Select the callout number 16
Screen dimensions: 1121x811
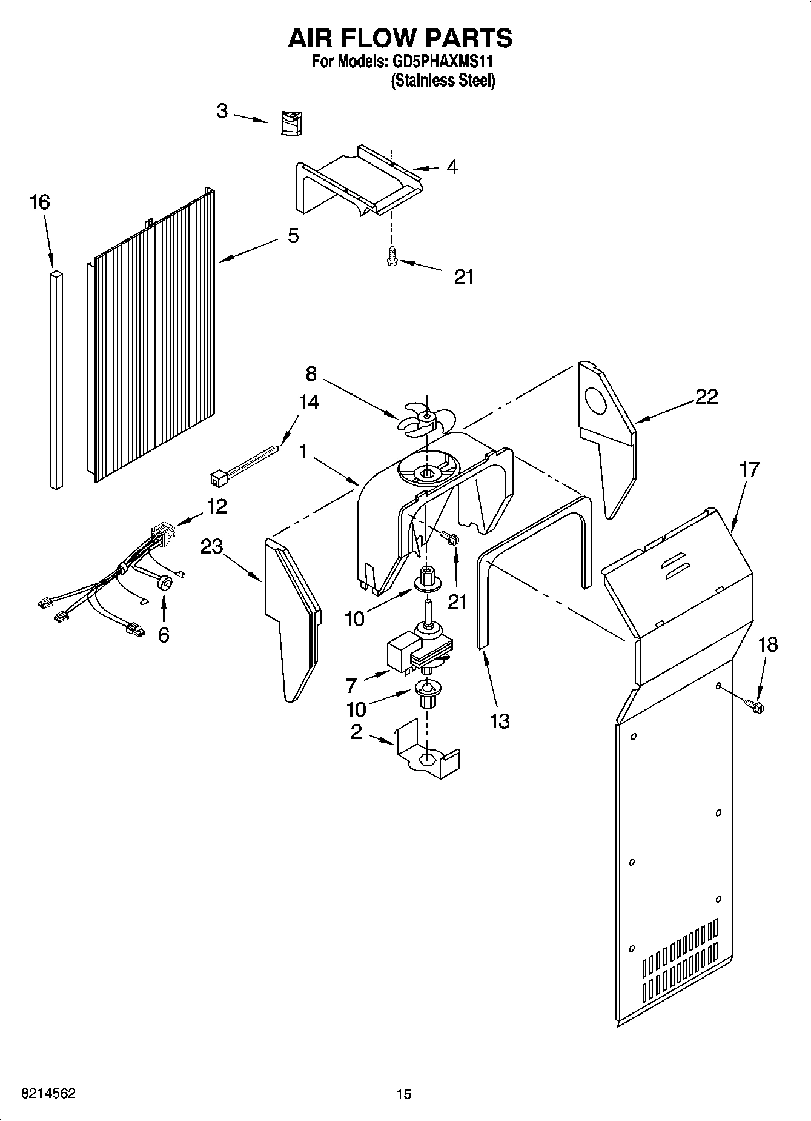[x=40, y=202]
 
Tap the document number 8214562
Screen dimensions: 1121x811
[x=48, y=1094]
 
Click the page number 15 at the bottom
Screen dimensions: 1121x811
[x=404, y=1094]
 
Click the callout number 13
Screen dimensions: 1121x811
[x=500, y=721]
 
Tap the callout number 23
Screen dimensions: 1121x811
[x=212, y=546]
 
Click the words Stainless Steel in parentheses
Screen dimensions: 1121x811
[x=443, y=81]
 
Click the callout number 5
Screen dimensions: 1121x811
[x=293, y=235]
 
